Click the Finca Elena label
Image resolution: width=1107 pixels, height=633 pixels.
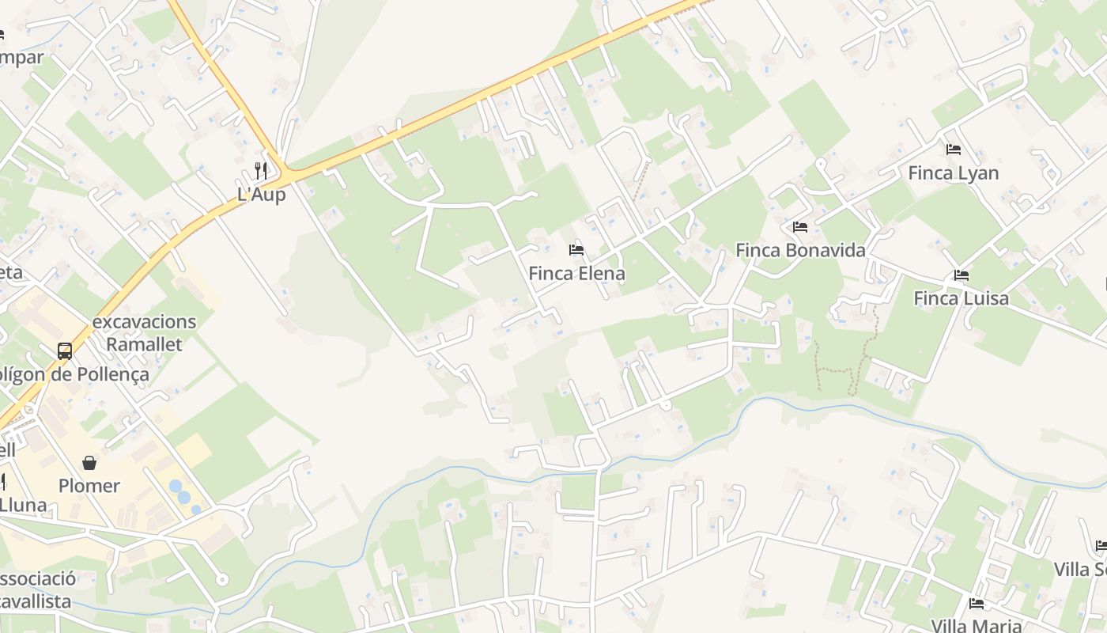(x=576, y=274)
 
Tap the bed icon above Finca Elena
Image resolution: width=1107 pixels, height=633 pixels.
(x=576, y=250)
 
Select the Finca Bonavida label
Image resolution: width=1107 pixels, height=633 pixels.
(x=800, y=250)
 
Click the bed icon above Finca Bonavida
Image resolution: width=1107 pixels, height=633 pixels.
(x=800, y=227)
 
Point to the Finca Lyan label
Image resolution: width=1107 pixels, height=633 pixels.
(x=953, y=172)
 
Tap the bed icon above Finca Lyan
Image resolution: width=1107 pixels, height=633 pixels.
(x=954, y=149)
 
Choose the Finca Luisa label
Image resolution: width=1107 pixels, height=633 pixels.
(x=961, y=298)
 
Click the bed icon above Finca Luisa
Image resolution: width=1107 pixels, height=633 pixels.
(x=962, y=275)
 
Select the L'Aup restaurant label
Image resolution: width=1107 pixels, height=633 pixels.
(x=261, y=194)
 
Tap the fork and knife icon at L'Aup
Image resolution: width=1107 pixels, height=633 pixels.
(x=261, y=170)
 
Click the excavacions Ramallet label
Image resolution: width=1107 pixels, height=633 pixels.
(x=144, y=333)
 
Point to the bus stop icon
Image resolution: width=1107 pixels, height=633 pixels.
(x=65, y=351)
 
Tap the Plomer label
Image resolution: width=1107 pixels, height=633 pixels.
(x=89, y=485)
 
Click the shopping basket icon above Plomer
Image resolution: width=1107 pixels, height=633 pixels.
(x=89, y=462)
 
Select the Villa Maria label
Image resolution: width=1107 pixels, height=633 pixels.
(x=977, y=626)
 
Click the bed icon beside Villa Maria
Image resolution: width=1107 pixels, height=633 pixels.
(x=977, y=604)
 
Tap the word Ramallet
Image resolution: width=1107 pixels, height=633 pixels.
(x=144, y=344)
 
